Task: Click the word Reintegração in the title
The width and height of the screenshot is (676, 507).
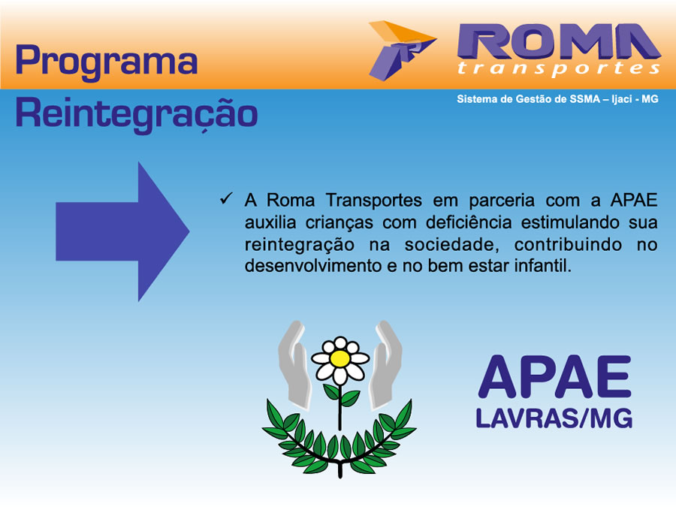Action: pyautogui.click(x=137, y=114)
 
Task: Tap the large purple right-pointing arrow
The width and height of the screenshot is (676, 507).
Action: pyautogui.click(x=122, y=231)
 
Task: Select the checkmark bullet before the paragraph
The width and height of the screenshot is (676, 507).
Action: pyautogui.click(x=226, y=199)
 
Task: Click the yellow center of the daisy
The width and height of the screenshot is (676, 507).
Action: pyautogui.click(x=340, y=359)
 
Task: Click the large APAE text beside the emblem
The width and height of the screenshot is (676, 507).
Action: pyautogui.click(x=554, y=376)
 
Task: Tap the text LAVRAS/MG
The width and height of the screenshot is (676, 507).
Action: pyautogui.click(x=554, y=418)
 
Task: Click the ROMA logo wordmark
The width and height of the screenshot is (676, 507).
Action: pyautogui.click(x=559, y=41)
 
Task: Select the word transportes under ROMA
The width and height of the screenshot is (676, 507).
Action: pyautogui.click(x=559, y=69)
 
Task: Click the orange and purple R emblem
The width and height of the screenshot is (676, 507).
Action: pyautogui.click(x=403, y=50)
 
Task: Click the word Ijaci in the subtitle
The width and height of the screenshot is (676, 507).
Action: pyautogui.click(x=621, y=100)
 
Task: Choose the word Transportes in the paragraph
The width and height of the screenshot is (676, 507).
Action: pyautogui.click(x=374, y=201)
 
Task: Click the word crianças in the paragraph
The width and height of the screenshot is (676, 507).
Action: pyautogui.click(x=340, y=223)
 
